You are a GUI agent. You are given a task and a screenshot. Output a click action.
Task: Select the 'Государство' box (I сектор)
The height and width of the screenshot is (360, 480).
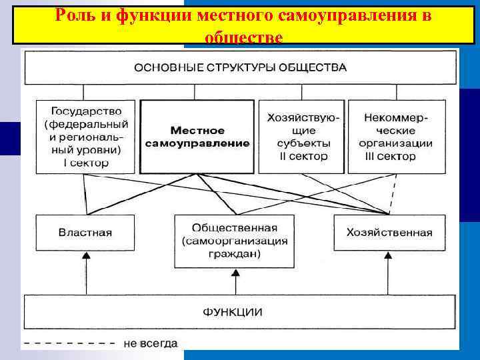tap(85, 137)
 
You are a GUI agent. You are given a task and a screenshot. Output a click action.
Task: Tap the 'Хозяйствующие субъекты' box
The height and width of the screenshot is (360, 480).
tap(302, 137)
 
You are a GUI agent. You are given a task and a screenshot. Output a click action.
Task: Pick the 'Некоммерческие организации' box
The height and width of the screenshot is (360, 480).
tap(395, 137)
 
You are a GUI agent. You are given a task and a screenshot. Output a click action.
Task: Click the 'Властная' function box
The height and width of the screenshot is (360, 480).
tap(85, 233)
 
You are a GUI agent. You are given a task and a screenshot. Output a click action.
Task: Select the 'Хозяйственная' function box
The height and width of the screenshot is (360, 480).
tap(389, 233)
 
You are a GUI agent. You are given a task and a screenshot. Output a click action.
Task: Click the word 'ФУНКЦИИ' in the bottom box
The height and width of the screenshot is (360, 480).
tap(233, 311)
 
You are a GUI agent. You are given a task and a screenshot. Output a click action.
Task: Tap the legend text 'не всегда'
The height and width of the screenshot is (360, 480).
tap(151, 344)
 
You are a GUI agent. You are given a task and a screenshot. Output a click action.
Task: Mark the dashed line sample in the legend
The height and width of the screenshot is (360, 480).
tap(65, 344)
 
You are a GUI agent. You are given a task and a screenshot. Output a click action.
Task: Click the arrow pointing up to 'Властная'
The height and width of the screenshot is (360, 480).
tap(85, 273)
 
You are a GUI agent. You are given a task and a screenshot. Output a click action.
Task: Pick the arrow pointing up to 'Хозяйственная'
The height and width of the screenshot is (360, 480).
tap(389, 273)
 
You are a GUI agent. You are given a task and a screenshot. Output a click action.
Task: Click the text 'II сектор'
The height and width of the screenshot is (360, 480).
tap(303, 157)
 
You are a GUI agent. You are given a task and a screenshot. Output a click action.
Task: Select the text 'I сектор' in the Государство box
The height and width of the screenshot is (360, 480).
tap(86, 162)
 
